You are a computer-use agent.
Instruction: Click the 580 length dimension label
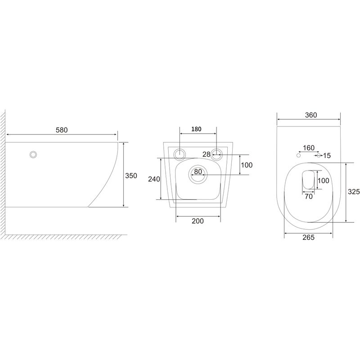(62, 130)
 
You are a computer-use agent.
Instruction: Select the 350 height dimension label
(131, 175)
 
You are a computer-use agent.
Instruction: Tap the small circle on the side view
(33, 154)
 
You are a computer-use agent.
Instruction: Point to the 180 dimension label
(196, 129)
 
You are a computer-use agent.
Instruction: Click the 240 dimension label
(154, 179)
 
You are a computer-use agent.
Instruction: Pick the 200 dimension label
(198, 221)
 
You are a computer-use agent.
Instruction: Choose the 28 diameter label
(207, 154)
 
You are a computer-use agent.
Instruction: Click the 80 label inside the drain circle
(198, 171)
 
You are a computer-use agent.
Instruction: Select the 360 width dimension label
(311, 115)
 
